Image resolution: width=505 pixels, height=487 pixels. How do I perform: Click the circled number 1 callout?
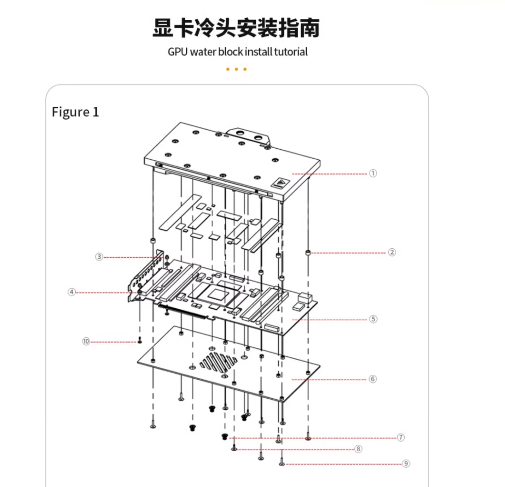pos(373,173)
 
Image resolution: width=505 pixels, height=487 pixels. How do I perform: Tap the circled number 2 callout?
pos(392,252)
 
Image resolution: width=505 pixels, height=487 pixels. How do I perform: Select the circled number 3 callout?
pos(99,257)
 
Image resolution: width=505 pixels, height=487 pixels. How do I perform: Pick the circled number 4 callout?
pos(72,292)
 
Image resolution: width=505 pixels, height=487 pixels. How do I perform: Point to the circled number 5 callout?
pos(373,319)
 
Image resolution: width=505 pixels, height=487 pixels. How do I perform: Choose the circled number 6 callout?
pos(373,379)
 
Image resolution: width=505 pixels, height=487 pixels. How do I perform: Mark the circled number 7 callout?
pos(401,437)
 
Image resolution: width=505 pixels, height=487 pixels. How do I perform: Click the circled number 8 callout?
pos(358,449)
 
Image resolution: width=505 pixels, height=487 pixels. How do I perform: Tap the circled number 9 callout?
pos(406,463)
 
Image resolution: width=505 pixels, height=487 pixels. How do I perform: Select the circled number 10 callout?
pos(86,342)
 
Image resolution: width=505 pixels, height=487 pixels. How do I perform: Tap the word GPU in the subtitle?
pos(178,52)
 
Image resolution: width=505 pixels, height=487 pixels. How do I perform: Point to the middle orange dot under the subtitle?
pos(236,69)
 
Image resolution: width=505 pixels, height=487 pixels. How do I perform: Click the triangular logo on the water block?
pos(280,182)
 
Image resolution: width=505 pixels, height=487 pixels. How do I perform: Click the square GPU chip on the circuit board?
pos(217,294)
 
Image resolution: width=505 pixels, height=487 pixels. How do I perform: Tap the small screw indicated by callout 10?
pos(140,340)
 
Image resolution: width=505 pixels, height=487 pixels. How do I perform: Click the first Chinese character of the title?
pos(162,28)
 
